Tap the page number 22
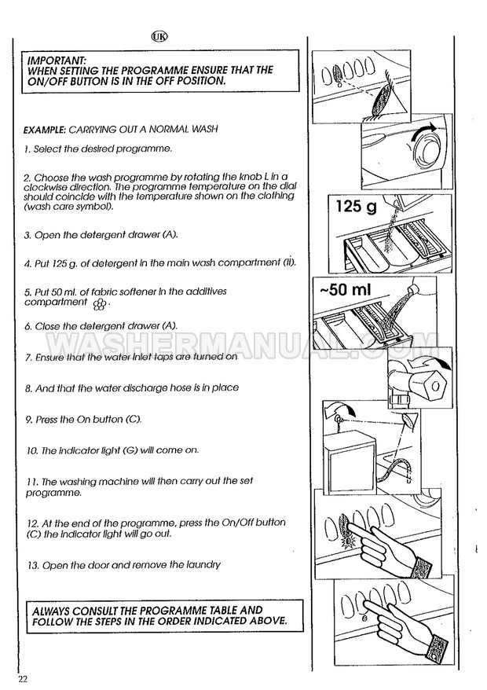[23, 679]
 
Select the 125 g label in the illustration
[357, 207]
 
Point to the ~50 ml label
[346, 289]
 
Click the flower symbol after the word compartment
[100, 303]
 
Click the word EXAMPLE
[45, 130]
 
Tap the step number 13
[32, 566]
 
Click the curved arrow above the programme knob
[423, 131]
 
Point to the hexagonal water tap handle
[434, 386]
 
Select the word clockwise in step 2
[43, 187]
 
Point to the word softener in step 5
[116, 292]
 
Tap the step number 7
[29, 358]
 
